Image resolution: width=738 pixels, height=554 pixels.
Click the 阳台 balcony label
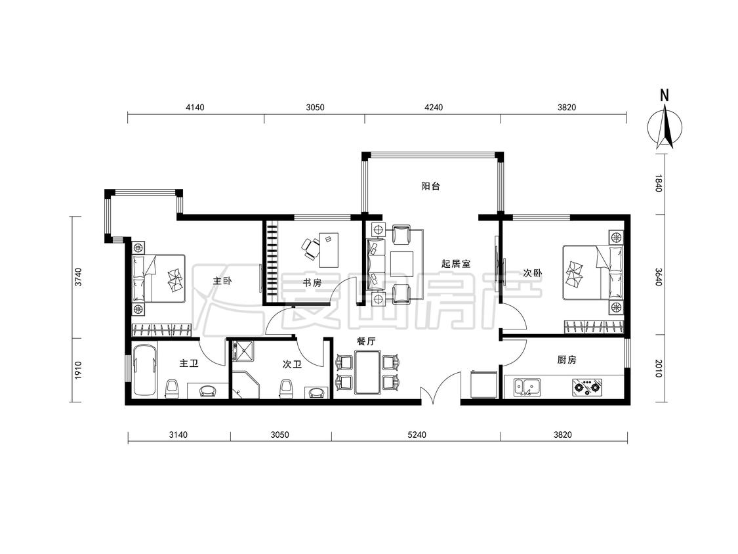click(430, 186)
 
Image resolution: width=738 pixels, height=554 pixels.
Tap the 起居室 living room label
click(456, 263)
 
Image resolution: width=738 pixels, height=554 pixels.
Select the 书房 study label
click(312, 283)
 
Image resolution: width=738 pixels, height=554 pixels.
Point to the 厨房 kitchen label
click(566, 360)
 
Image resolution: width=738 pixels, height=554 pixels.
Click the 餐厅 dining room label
click(365, 341)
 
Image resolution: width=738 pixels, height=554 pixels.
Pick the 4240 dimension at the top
click(434, 107)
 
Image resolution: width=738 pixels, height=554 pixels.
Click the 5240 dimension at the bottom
click(417, 435)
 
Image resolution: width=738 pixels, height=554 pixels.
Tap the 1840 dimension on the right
click(659, 183)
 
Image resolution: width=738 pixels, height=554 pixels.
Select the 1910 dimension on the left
click(78, 370)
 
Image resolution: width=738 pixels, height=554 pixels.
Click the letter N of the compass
click(664, 96)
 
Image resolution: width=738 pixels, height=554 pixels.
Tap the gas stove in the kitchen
click(586, 387)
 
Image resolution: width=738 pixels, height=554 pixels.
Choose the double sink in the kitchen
click(527, 387)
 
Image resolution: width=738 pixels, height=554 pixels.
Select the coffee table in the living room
click(401, 265)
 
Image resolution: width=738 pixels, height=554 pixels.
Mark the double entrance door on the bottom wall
click(441, 388)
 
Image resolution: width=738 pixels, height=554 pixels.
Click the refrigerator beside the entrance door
click(484, 385)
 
